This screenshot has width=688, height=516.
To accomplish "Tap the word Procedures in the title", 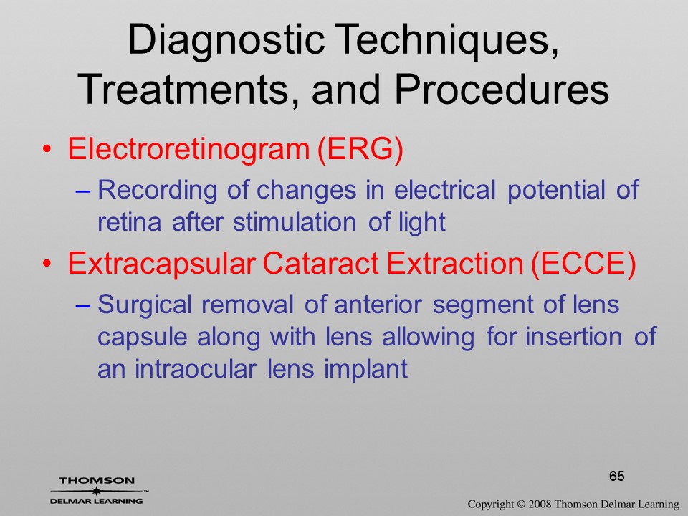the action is (x=502, y=90).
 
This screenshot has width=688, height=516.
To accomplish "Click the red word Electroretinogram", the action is (x=188, y=149).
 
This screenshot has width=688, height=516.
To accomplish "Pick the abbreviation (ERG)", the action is (x=359, y=149).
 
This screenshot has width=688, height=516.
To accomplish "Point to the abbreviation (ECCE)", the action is (x=583, y=264).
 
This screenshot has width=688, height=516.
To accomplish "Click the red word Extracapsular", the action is (x=161, y=264).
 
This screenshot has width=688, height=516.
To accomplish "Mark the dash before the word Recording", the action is (x=82, y=192).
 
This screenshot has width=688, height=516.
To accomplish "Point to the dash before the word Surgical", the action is (x=82, y=306).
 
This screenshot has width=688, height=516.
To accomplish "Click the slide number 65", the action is (x=616, y=476).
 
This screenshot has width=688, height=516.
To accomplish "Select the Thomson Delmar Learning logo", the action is (x=97, y=491).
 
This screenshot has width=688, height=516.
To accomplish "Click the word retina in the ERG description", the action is (x=130, y=222).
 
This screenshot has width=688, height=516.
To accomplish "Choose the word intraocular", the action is (x=195, y=368).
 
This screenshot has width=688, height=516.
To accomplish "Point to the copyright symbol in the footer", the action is (x=520, y=505).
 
